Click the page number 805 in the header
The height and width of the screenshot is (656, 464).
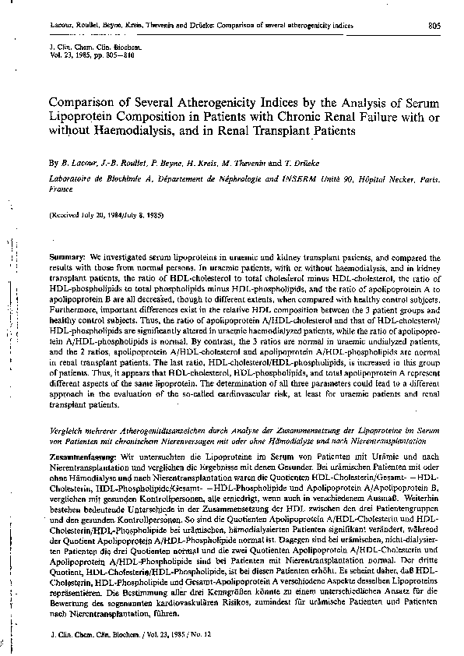(435, 26)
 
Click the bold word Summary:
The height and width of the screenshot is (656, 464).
(67, 256)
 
